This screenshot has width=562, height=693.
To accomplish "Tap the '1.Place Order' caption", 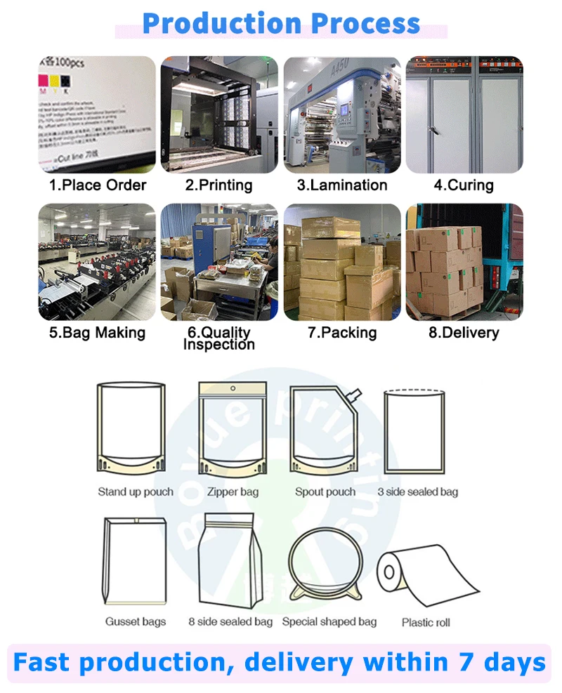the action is pos(97,185).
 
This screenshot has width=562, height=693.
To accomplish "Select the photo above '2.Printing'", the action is pos(219,114).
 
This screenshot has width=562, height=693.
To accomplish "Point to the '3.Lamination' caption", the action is pos(342,185).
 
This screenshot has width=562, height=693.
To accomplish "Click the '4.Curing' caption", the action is pos(464,185).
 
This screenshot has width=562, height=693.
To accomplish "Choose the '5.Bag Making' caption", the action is pos(97,332).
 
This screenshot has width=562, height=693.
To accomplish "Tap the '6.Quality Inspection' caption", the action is pos(219,338).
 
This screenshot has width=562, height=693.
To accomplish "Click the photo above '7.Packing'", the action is pos(342,262).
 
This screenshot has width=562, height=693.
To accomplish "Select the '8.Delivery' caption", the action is pos(464,332).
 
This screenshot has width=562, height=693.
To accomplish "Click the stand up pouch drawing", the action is pos(131,428).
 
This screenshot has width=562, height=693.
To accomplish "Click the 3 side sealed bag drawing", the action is pos(414,430).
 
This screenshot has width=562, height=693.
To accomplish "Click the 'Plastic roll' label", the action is pos(426,622).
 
